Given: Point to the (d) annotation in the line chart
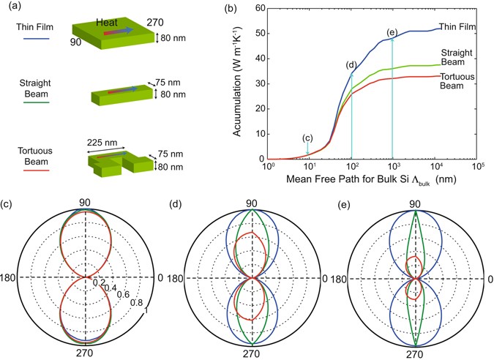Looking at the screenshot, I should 352,65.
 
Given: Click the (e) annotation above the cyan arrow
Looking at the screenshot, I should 392,32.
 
